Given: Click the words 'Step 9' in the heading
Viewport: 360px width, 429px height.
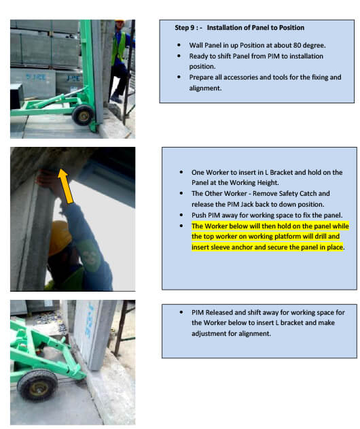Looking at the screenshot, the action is click(x=185, y=28).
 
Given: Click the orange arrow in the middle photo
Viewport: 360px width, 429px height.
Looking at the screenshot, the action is click(x=66, y=186).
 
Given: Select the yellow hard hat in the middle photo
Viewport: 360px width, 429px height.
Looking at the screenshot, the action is click(x=59, y=238).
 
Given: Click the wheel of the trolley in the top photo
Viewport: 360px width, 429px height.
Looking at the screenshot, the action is click(x=83, y=115).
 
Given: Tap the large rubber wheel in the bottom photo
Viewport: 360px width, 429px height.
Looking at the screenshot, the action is click(x=37, y=385).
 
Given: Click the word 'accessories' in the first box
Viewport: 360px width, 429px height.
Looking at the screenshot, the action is click(x=240, y=78).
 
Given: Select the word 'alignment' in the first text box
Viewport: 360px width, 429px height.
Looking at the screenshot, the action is click(x=205, y=88).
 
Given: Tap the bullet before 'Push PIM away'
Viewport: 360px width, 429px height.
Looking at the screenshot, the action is click(x=181, y=216).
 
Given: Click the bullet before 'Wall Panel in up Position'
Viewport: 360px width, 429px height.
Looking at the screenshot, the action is click(x=179, y=45).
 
